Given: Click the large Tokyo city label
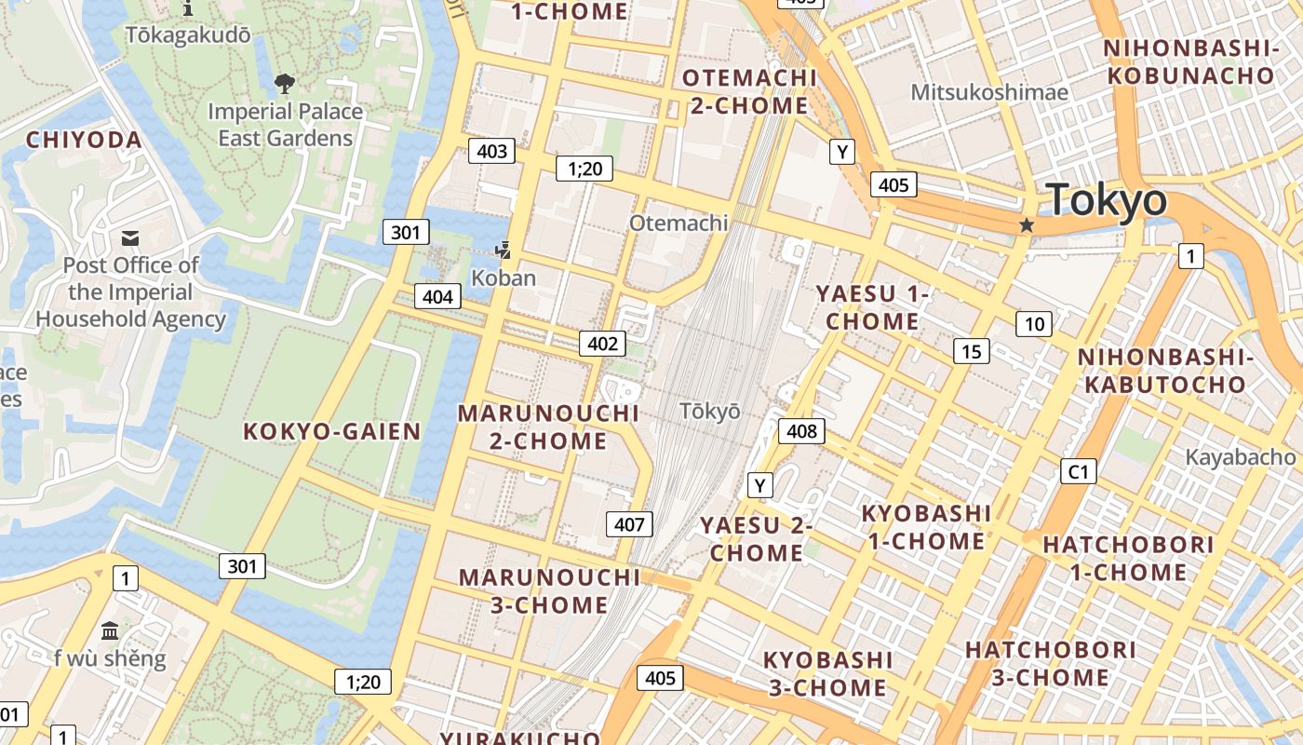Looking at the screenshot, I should [x=1106, y=200].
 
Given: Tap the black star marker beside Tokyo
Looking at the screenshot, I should [x=1027, y=225].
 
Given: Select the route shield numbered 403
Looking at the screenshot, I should [x=491, y=151].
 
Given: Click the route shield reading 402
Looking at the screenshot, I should [x=602, y=344].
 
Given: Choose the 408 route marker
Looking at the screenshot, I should [x=801, y=430].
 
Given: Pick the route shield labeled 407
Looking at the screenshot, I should [x=629, y=524].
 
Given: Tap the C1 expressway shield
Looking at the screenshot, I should [x=1078, y=471].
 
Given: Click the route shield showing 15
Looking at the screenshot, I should [x=972, y=351].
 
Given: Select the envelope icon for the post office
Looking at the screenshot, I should [x=130, y=239].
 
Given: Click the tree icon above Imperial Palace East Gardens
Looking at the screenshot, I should [x=284, y=85].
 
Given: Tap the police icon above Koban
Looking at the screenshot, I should [x=504, y=250].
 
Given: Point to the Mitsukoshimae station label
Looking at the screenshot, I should [x=989, y=92].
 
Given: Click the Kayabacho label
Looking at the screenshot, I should [x=1240, y=457].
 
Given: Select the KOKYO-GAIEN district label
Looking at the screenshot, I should [x=332, y=431].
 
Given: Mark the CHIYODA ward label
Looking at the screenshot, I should [x=84, y=141].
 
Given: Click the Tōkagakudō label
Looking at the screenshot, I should [x=188, y=34].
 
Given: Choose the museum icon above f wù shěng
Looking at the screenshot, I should [x=110, y=631].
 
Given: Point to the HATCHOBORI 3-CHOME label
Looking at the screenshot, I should [x=1051, y=663].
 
